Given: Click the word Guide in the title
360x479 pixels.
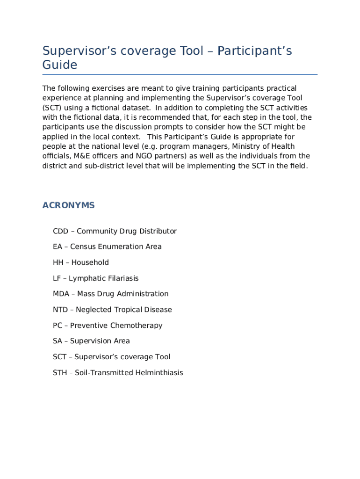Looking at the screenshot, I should click(60, 65).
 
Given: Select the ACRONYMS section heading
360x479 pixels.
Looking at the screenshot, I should click(69, 205).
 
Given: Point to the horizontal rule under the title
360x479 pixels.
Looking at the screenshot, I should click(180, 74).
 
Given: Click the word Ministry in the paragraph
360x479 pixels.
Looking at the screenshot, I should click(245, 146).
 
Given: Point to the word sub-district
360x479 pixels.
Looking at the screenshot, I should click(94, 166).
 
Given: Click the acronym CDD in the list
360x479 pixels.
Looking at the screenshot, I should click(61, 231).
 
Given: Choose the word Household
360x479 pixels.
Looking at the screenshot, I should click(90, 262).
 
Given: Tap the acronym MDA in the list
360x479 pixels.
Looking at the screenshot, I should click(61, 294).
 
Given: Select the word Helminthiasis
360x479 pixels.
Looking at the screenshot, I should click(159, 373).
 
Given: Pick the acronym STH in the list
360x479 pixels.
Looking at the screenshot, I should click(60, 373).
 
